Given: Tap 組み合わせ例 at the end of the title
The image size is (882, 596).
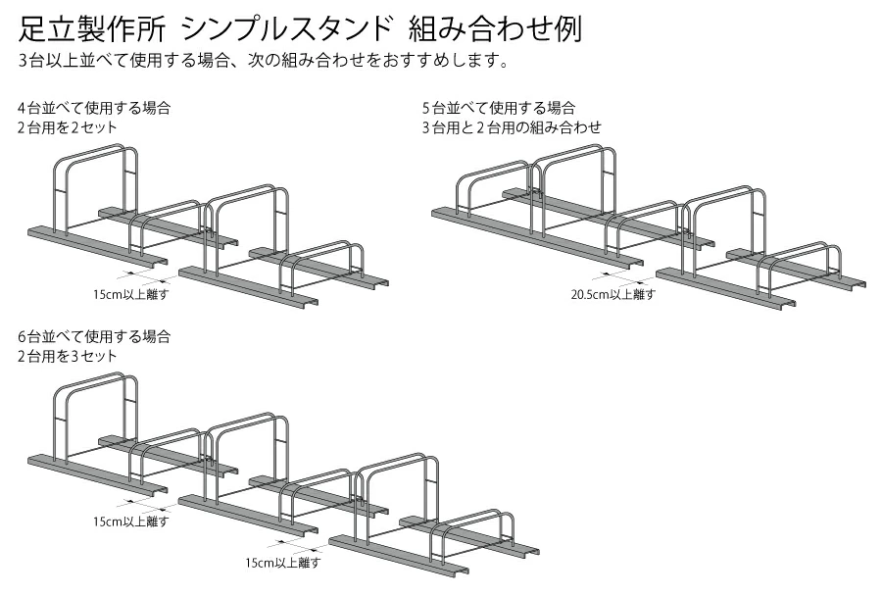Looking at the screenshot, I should (x=500, y=26).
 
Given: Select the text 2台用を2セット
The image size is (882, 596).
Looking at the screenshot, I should (x=67, y=127).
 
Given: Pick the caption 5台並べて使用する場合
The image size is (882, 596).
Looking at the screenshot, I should (x=498, y=107).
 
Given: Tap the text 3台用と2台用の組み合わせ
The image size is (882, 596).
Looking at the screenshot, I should (x=511, y=127).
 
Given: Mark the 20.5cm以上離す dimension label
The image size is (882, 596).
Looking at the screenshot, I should (x=612, y=293).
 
